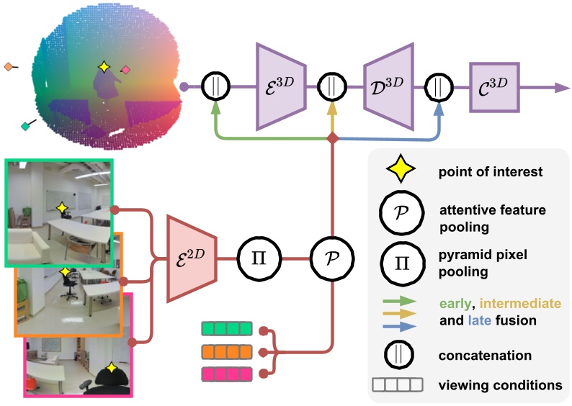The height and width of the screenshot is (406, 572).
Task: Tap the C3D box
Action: [493, 86]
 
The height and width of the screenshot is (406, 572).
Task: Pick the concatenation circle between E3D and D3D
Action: [331, 86]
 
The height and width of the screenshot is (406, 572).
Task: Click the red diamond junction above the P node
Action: [331, 137]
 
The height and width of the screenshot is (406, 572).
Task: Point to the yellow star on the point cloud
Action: [104, 67]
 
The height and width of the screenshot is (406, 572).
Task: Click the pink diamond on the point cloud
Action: [126, 70]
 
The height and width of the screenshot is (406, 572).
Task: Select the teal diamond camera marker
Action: [26, 127]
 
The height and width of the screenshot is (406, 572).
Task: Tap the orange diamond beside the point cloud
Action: [8, 67]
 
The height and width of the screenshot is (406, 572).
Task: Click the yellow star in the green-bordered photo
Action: [63, 208]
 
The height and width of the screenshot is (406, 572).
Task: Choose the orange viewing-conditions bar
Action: [228, 352]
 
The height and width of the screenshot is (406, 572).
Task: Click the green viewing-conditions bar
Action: [228, 330]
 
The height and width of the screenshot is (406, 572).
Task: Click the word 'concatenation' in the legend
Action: [486, 355]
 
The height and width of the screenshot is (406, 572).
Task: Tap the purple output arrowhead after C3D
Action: [560, 86]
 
